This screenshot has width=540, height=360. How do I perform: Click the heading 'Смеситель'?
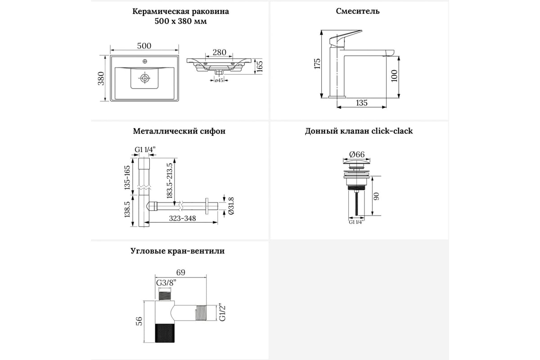357,11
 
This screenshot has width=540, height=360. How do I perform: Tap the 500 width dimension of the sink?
144,46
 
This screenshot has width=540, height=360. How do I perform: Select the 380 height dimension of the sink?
101,78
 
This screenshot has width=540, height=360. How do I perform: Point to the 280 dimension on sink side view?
220,52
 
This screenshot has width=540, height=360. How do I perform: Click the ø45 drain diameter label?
219,80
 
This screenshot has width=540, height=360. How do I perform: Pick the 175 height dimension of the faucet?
317,64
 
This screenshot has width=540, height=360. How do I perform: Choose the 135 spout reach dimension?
362,103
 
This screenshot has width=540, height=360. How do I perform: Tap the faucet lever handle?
346,38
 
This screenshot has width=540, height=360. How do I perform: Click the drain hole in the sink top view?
144,78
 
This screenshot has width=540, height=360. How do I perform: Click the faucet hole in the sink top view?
145,61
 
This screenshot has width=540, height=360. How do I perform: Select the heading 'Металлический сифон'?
179,131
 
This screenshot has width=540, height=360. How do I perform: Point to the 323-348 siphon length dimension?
183,218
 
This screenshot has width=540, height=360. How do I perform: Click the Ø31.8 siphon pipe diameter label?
231,206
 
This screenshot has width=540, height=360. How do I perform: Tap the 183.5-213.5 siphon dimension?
170,181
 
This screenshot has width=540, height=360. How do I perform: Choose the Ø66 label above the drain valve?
357,154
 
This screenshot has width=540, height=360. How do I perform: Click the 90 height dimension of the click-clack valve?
377,196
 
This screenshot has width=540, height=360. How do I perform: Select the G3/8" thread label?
166,283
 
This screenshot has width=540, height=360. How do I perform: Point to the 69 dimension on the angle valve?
180,272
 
